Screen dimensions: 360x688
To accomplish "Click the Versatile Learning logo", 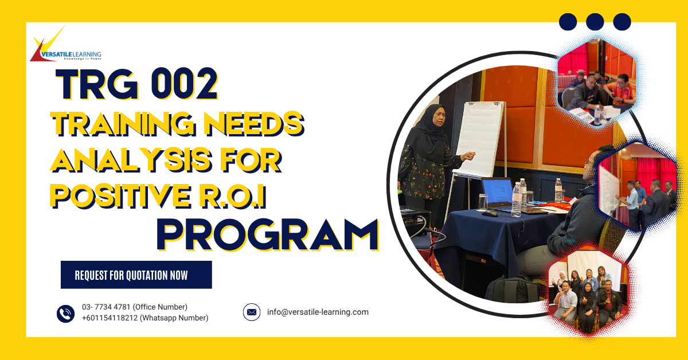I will (x=65, y=46).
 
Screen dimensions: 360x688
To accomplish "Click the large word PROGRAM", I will (x=267, y=234).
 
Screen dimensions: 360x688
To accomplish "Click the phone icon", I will (x=66, y=313).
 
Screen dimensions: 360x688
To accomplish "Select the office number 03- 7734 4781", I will (x=107, y=307).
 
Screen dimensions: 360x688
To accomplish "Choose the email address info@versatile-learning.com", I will (x=318, y=312).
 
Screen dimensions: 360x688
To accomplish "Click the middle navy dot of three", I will (x=595, y=22).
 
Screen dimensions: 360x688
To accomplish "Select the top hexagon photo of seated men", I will (x=596, y=83).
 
